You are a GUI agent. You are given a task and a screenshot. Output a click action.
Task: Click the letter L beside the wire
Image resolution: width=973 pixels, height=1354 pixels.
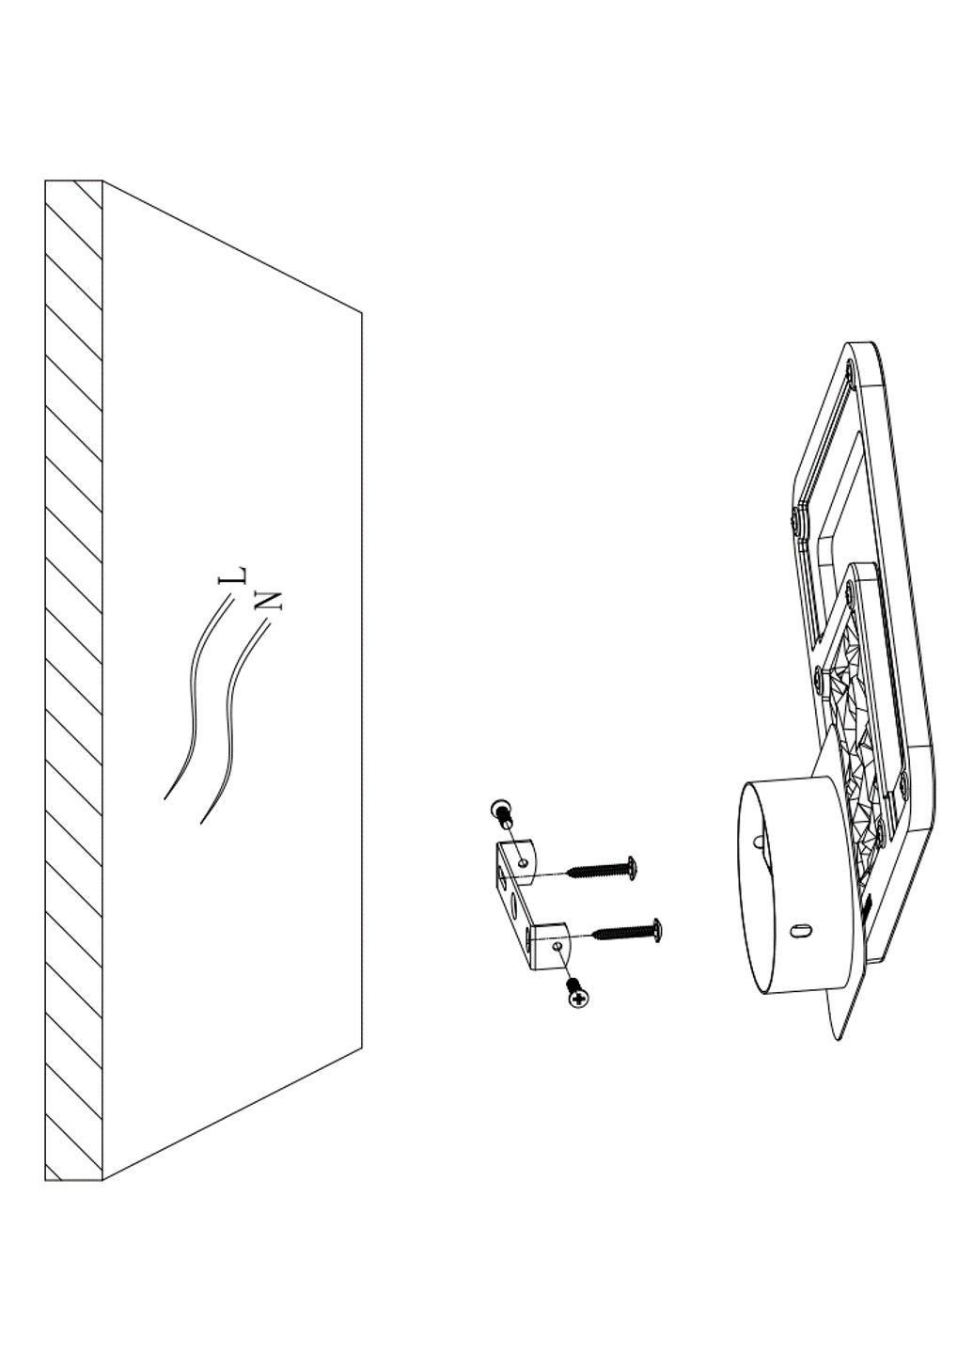[233, 575]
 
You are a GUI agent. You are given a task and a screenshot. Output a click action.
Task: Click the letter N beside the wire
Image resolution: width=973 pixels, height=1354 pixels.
[269, 599]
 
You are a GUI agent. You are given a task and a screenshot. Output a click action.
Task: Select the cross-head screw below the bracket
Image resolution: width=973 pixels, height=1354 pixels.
[578, 998]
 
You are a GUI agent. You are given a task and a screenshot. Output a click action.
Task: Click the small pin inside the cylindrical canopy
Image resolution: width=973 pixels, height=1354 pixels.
[758, 841]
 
